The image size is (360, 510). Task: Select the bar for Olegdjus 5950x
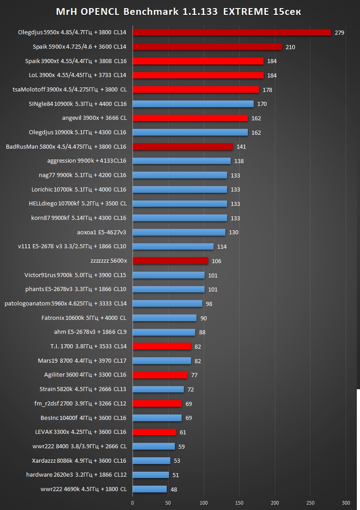[x=232, y=32]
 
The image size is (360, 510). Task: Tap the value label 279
[x=339, y=32]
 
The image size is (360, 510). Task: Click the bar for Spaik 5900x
[x=207, y=47]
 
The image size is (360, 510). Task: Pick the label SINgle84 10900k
[x=77, y=104]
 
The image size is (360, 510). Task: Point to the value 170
[x=262, y=104]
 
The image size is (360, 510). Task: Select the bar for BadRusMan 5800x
[x=182, y=146]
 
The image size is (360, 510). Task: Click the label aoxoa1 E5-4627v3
[x=102, y=232]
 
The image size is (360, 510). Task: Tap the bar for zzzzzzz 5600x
[x=170, y=261]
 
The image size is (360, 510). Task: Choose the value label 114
[x=222, y=246]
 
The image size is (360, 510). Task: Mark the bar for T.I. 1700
[x=162, y=346]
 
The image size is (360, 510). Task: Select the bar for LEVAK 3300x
[x=154, y=432]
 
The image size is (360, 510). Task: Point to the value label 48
[x=174, y=489]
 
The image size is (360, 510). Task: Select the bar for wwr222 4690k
[x=150, y=489]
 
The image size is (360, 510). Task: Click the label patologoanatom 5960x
[x=65, y=304]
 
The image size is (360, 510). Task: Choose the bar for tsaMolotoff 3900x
[x=196, y=90]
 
